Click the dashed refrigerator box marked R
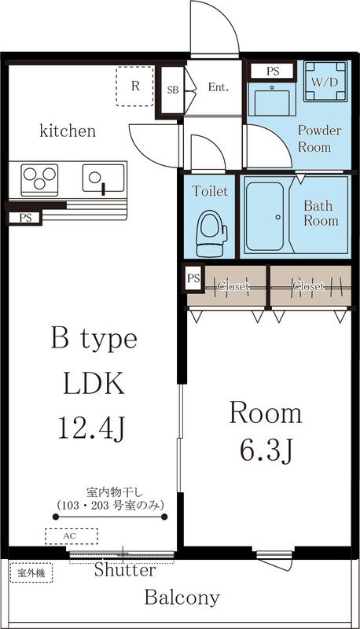[x=136, y=86]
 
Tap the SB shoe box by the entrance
[x=172, y=90]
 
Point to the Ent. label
[x=218, y=87]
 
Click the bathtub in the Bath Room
[x=271, y=215]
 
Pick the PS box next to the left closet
[x=193, y=278]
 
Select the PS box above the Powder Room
[x=273, y=71]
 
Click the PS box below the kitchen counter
[x=25, y=217]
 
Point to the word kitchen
[x=68, y=131]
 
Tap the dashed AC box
[x=72, y=536]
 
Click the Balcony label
[x=182, y=598]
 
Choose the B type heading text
[x=94, y=340]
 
